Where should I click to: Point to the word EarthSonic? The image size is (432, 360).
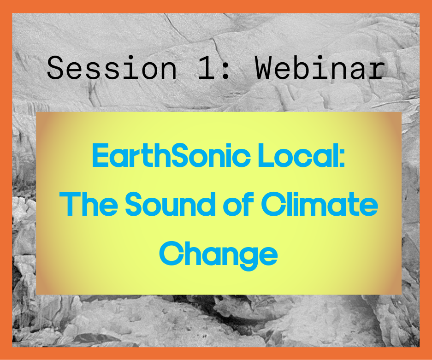(171, 155)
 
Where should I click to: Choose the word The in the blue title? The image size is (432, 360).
(89, 204)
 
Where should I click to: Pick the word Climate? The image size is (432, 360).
(320, 204)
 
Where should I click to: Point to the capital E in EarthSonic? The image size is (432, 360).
(101, 156)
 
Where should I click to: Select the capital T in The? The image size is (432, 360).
(70, 204)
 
